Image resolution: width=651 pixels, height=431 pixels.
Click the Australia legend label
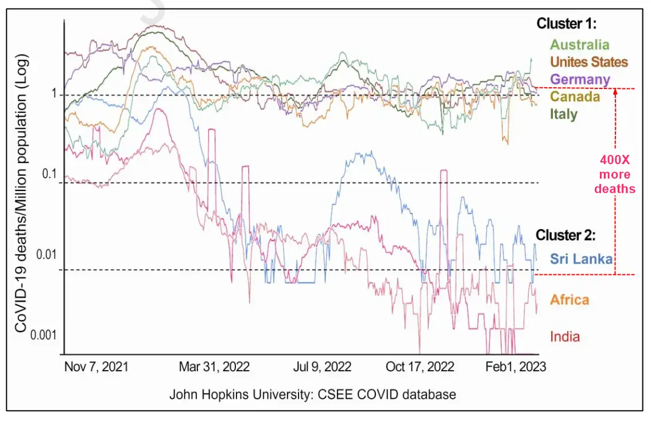[x=580, y=44]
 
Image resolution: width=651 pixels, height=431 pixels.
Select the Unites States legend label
[x=589, y=61]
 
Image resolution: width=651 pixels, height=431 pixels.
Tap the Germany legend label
[x=580, y=79]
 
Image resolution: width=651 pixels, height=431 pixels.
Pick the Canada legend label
[x=575, y=96]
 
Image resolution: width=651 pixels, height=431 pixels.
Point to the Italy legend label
[x=564, y=114]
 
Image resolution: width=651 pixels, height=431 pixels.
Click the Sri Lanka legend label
[x=581, y=259]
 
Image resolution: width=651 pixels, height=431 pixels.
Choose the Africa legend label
[x=569, y=300]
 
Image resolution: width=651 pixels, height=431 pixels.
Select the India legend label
[x=565, y=336]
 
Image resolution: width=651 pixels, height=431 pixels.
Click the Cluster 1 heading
[x=567, y=24]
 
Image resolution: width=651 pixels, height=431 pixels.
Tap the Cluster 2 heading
[x=566, y=235]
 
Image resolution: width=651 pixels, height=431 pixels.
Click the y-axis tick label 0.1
[x=49, y=174]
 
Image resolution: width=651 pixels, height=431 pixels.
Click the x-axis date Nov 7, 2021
[x=96, y=366]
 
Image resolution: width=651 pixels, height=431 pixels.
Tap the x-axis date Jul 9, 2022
[x=322, y=366]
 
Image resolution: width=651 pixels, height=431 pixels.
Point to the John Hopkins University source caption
[x=313, y=395]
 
